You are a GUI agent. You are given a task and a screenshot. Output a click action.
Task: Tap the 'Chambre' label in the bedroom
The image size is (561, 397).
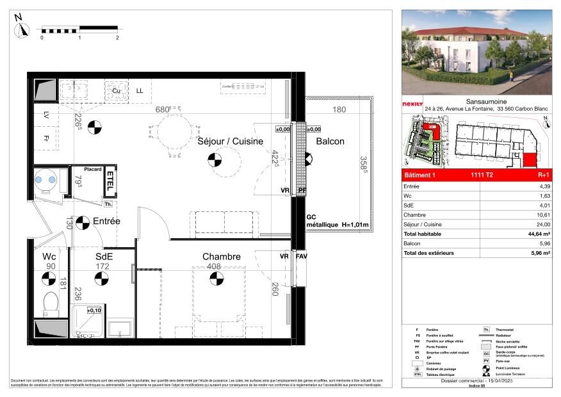pos(222,257)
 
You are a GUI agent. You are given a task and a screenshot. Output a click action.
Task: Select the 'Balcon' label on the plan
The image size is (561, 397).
pos(330,142)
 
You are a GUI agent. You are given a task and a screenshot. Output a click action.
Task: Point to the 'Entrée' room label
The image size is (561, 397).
pos(106,221)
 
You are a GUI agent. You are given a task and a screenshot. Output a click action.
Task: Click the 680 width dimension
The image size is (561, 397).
pos(163,109)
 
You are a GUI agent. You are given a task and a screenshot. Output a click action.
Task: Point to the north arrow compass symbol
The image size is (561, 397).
pos(23,28)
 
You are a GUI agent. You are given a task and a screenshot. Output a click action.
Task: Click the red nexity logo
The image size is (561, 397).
pos(412,104)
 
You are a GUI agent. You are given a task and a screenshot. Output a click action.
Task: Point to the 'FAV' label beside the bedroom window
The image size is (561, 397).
pos(302,257)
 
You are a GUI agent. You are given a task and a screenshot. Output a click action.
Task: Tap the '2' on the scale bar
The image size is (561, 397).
pos(118,38)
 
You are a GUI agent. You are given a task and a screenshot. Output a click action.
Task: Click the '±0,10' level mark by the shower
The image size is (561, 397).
pos(94,310)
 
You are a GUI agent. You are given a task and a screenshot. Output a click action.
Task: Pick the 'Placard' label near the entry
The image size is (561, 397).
pos(92,169)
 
